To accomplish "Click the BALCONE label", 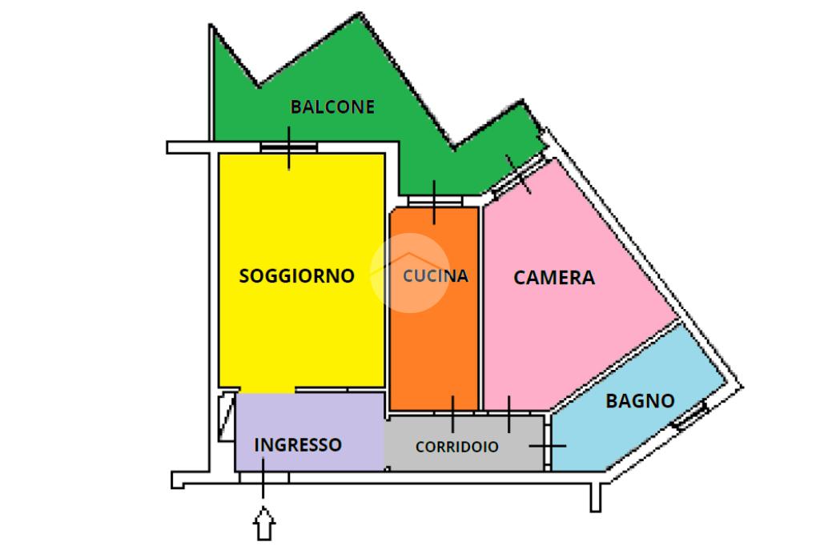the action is click(332, 106).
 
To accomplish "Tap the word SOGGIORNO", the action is click(297, 276).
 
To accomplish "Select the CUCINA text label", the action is click(436, 276).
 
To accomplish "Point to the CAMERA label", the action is click(554, 278).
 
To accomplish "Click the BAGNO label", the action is click(640, 401).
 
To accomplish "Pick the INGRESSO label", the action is click(298, 444).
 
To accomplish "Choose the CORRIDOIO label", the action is click(456, 448).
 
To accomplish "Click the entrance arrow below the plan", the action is click(264, 526).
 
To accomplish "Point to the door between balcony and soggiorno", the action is click(289, 147).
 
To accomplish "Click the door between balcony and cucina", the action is click(434, 201).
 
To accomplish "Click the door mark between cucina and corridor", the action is click(453, 412).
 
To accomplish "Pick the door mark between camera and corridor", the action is click(509, 412).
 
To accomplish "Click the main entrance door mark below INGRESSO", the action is click(264, 477).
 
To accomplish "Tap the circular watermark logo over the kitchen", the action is click(409, 271).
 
